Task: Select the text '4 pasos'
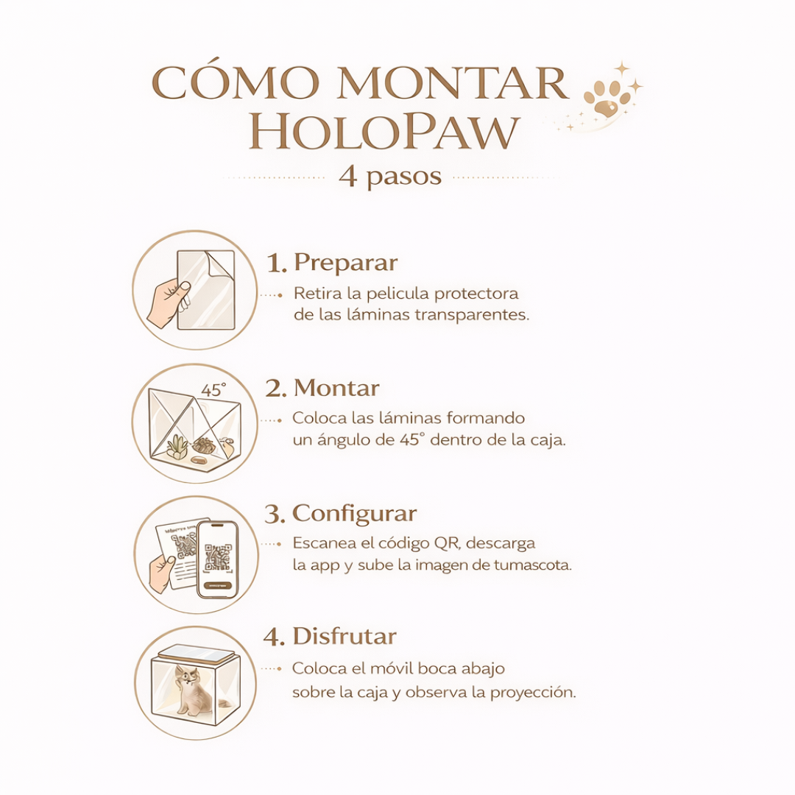tap(390, 177)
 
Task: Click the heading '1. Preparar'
tap(333, 262)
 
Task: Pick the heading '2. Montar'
tap(322, 388)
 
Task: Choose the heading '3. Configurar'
tap(341, 513)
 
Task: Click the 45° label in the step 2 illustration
tap(213, 390)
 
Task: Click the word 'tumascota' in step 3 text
tap(535, 565)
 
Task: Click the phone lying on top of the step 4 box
tap(195, 652)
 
